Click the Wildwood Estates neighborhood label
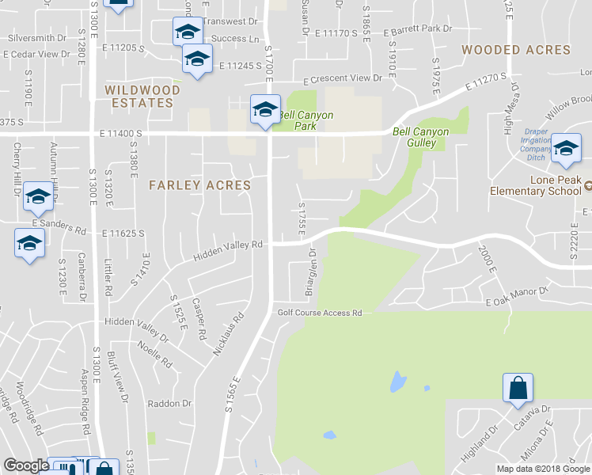tap(142, 97)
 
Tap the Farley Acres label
tap(199, 185)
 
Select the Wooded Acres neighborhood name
tap(516, 50)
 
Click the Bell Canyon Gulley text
tap(421, 137)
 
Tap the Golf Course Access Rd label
tap(319, 313)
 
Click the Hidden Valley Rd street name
tap(228, 250)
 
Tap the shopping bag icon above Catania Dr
tap(518, 389)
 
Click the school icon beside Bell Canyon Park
tap(265, 109)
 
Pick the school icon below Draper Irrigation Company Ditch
tap(566, 149)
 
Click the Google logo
tap(25, 466)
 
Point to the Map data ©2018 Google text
tap(543, 468)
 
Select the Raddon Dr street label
tap(170, 403)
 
